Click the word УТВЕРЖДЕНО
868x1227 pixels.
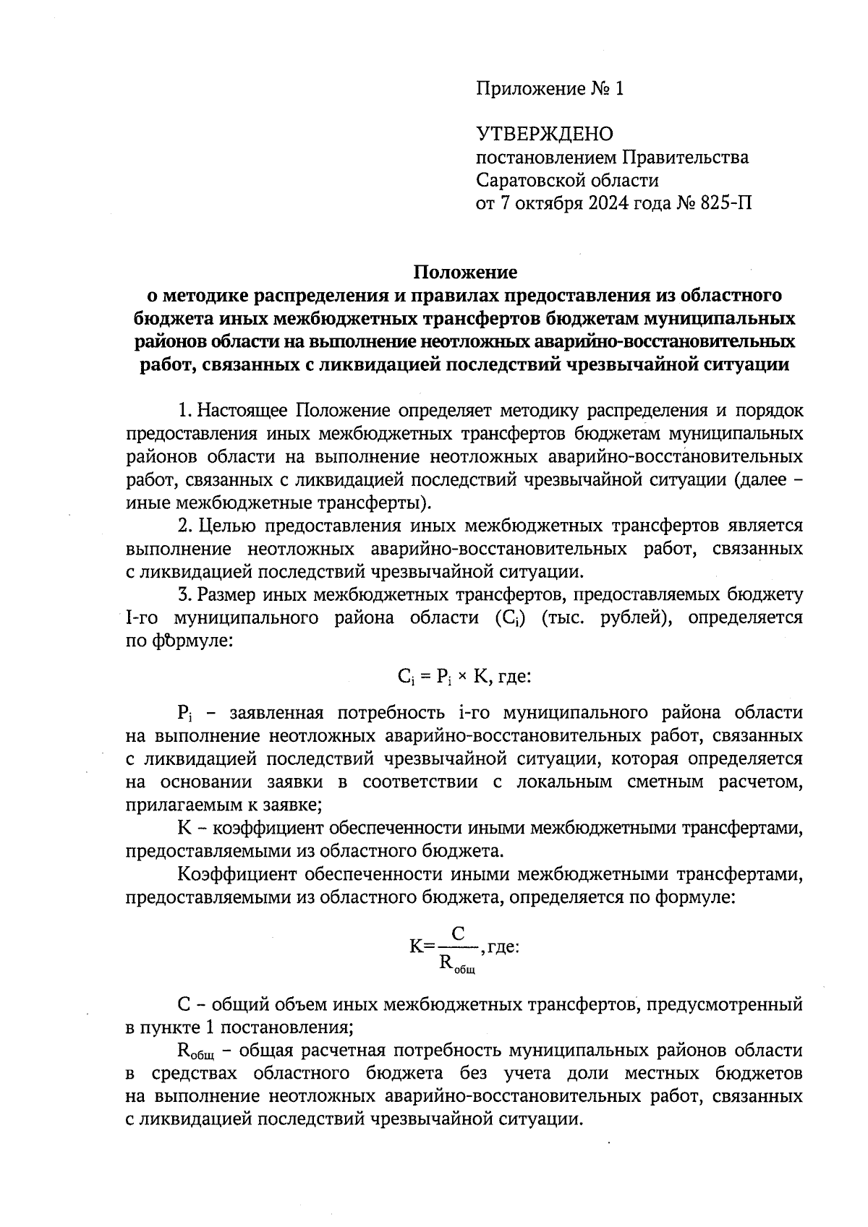(544, 134)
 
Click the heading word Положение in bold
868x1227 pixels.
(465, 272)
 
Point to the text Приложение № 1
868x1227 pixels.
(549, 89)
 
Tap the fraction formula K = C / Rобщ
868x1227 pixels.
(457, 946)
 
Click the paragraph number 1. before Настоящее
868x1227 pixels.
(185, 411)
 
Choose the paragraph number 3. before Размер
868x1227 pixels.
(185, 595)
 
